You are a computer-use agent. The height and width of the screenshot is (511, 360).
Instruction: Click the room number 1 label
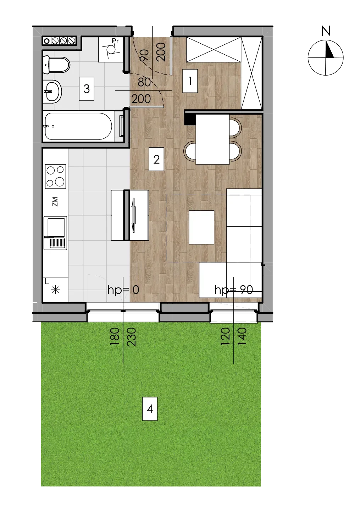(x=190, y=81)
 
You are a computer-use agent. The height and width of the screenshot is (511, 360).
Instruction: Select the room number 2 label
(x=156, y=159)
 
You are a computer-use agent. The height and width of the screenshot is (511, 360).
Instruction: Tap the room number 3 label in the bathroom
(x=87, y=89)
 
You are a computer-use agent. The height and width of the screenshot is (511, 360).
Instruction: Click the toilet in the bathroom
(x=56, y=65)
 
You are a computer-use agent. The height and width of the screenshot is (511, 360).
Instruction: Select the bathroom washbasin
(x=52, y=92)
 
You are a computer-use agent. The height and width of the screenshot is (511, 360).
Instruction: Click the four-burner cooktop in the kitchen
(x=55, y=176)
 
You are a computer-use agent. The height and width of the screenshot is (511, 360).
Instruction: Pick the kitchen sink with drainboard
(x=55, y=233)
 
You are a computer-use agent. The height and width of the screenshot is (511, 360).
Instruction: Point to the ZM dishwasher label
(x=55, y=202)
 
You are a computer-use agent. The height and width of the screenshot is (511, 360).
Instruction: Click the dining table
(x=212, y=139)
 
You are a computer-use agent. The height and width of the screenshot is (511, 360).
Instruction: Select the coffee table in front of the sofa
(x=201, y=227)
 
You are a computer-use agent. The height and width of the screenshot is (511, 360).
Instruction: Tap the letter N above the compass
(x=326, y=31)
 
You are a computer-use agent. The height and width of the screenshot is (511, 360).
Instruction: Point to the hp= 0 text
(x=123, y=290)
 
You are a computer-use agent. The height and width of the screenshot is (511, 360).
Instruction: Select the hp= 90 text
(x=234, y=290)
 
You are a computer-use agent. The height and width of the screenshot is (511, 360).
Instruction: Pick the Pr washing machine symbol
(x=111, y=50)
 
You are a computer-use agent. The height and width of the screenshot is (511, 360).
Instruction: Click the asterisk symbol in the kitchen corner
(x=55, y=290)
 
